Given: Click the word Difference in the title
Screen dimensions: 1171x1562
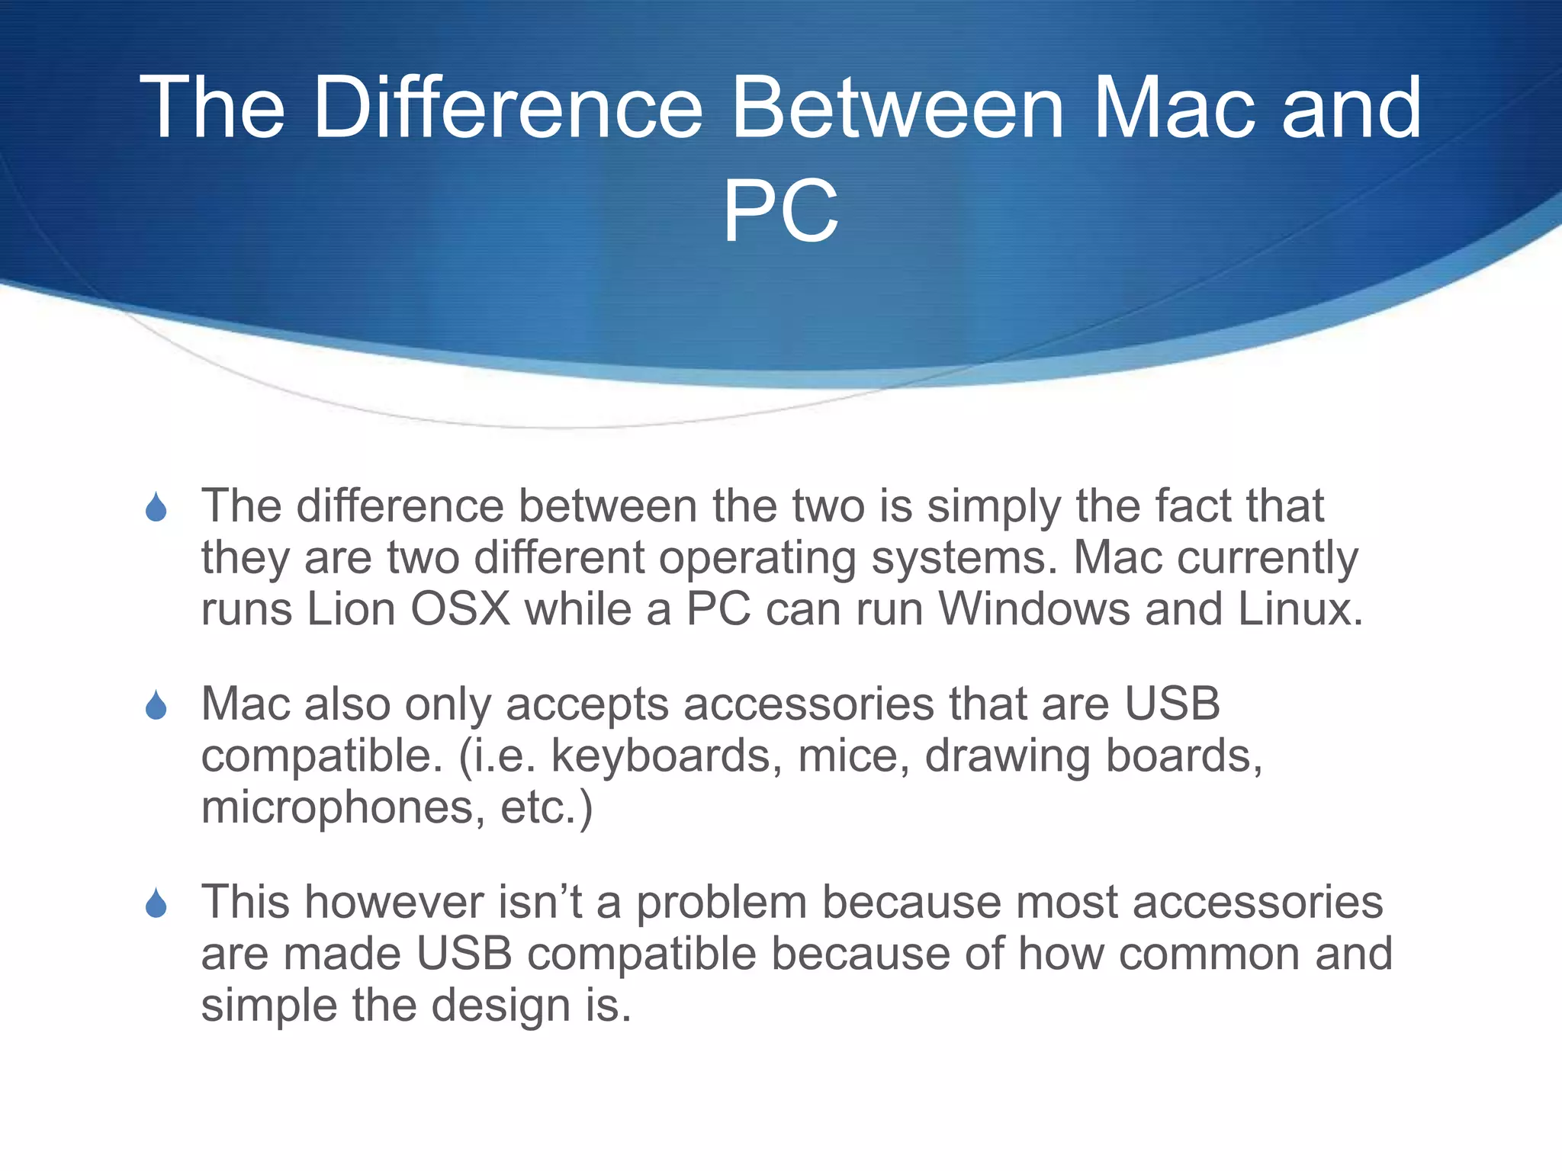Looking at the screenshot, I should pos(506,107).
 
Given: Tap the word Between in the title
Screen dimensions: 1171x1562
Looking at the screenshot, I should pos(897,107).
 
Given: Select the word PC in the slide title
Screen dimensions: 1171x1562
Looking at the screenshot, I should pos(780,211).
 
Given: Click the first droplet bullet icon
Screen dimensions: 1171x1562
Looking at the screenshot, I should pos(156,507).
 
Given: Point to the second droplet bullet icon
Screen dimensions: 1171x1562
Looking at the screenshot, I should pos(156,705).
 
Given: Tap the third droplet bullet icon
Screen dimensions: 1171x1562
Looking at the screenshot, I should pos(156,903).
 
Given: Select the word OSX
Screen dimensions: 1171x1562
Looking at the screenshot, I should pos(460,609).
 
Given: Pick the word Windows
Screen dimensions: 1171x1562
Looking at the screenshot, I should pos(1033,609).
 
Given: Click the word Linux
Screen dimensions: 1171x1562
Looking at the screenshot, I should pos(1300,609).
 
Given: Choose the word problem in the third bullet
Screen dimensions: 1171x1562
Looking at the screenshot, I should pos(722,903).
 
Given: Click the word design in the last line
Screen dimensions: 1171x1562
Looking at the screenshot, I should pos(500,1006).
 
